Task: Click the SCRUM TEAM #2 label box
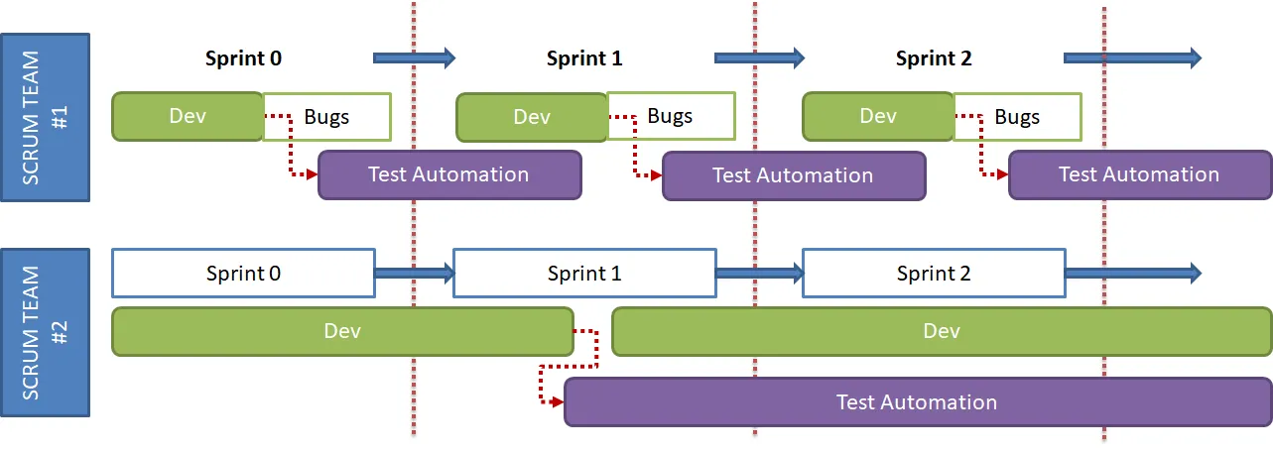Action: (x=45, y=331)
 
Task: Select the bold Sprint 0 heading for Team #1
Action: (x=243, y=57)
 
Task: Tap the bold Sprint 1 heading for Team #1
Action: (x=584, y=57)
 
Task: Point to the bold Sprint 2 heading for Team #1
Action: (x=934, y=57)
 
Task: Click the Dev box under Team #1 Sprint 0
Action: (x=188, y=116)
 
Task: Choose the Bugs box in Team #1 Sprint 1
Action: (x=671, y=116)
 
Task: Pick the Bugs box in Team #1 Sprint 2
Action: (x=1018, y=117)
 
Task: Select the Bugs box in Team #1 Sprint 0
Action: (x=327, y=117)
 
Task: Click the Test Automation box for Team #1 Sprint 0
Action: (x=448, y=174)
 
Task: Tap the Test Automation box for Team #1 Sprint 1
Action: (x=793, y=175)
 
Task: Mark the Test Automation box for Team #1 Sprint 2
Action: (x=1139, y=174)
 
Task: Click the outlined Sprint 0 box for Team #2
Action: (x=243, y=274)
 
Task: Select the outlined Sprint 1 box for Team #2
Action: (x=584, y=274)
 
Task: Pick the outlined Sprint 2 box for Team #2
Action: (x=934, y=274)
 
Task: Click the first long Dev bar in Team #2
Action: (x=342, y=331)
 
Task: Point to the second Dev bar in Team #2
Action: (x=942, y=331)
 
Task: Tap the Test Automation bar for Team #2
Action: (x=917, y=401)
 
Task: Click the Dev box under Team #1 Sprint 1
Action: (x=532, y=117)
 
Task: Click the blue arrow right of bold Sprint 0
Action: (x=414, y=57)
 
